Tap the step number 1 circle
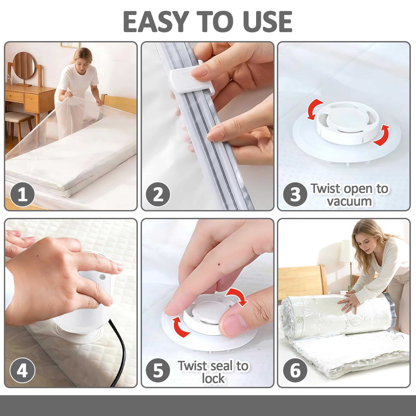click(22, 194)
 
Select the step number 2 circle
click(158, 194)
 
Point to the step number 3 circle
click(295, 194)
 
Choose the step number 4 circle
click(22, 370)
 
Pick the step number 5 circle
click(158, 370)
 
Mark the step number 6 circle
click(295, 370)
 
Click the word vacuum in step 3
click(349, 201)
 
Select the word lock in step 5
click(213, 379)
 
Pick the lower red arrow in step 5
click(181, 326)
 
